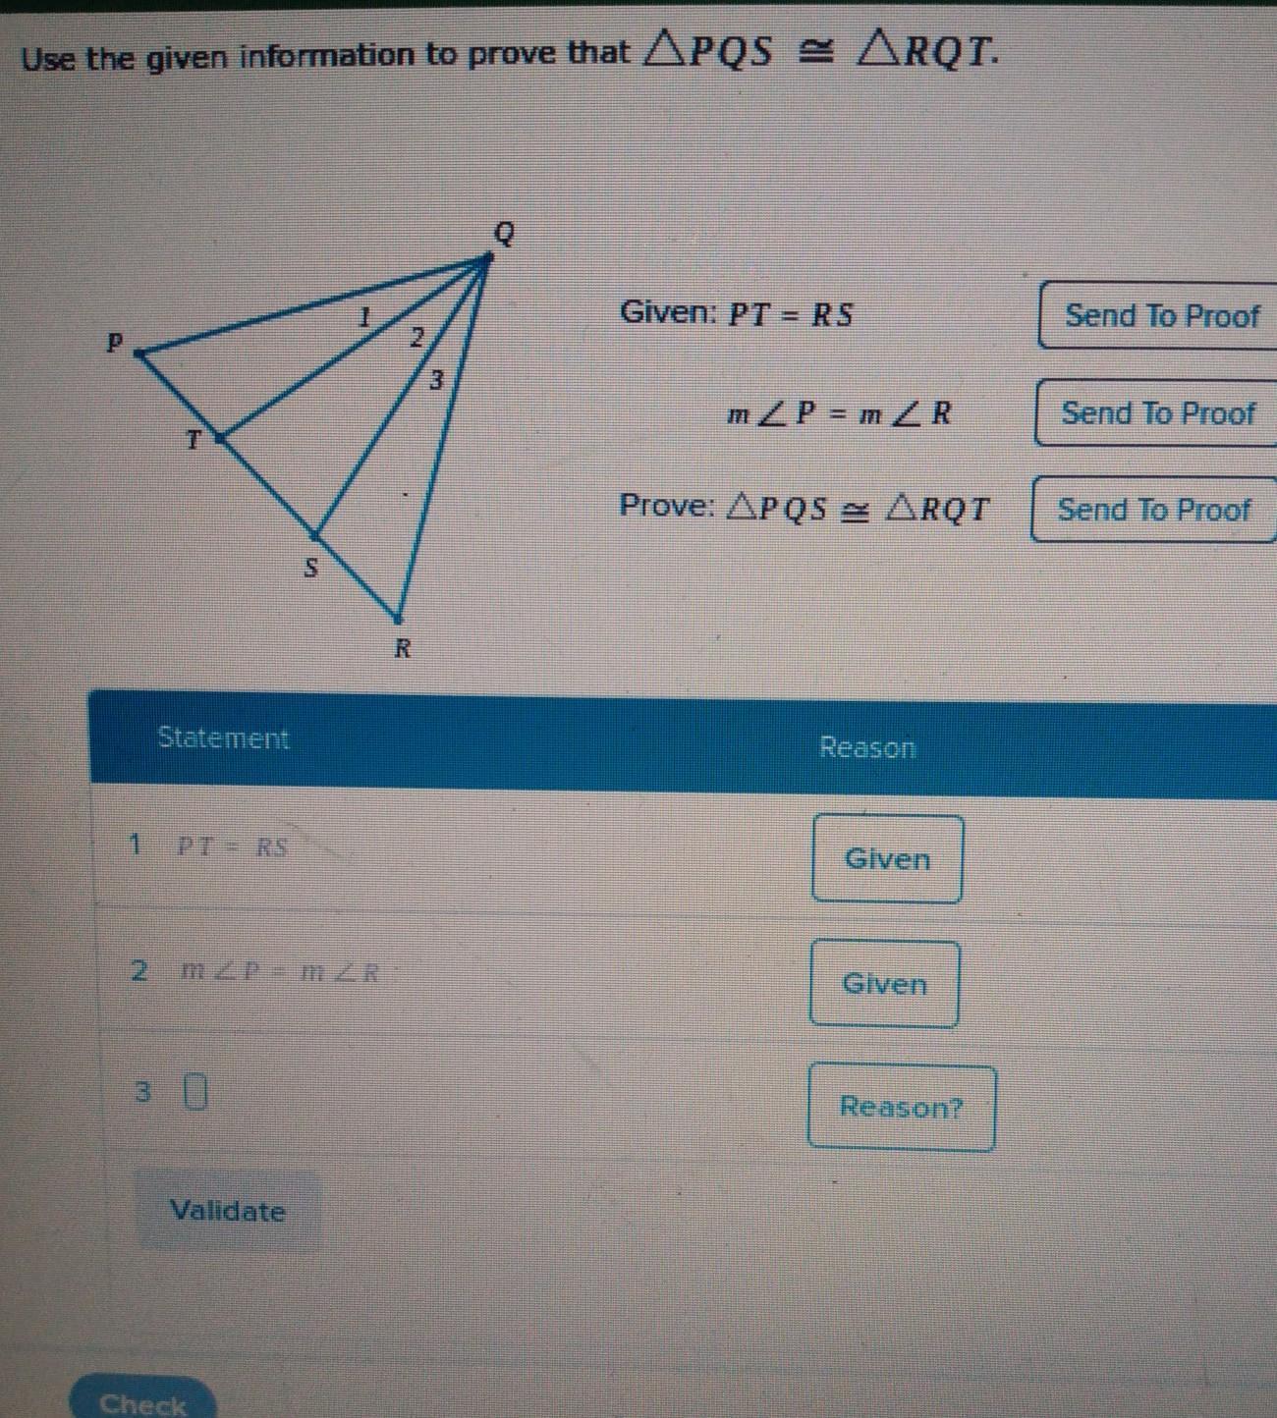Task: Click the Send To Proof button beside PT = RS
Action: tap(1160, 315)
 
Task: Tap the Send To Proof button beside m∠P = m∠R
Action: tap(1157, 412)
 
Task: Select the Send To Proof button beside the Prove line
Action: tap(1154, 510)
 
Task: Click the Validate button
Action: tap(227, 1210)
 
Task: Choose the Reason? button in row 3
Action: tap(901, 1108)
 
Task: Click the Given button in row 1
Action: tap(887, 859)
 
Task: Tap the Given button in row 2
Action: tap(884, 984)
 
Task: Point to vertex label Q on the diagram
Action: tap(504, 234)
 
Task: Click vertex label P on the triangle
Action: tap(116, 343)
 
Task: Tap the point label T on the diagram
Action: tap(194, 440)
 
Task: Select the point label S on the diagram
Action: tap(310, 568)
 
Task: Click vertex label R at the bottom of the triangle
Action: tap(402, 648)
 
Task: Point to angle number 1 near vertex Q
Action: tap(364, 317)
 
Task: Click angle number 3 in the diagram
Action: tap(437, 378)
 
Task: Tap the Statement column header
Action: tap(223, 738)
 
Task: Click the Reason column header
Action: tap(866, 748)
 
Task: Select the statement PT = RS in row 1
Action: tap(232, 847)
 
